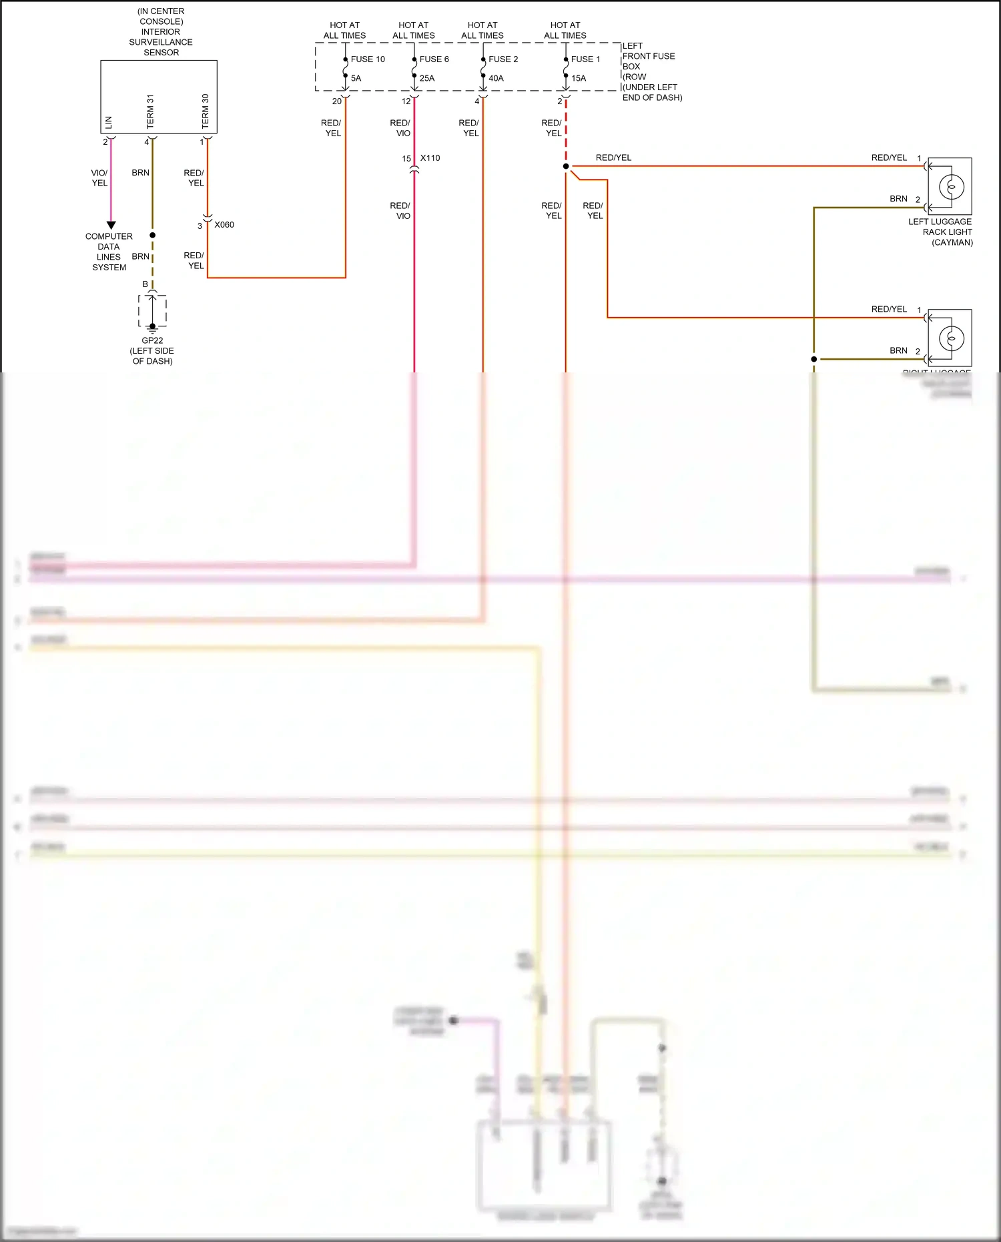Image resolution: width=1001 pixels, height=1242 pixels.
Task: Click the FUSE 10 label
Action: coord(368,59)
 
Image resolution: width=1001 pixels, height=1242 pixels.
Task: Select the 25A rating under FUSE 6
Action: coord(427,78)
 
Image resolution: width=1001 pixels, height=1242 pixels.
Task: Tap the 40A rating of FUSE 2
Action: coord(496,78)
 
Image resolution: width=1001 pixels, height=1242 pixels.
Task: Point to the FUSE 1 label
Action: coord(585,59)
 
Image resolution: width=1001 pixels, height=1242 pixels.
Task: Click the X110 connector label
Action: coord(430,158)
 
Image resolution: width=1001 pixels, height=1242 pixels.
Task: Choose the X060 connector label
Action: coord(224,225)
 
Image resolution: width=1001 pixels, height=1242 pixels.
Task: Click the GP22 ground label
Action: coord(152,340)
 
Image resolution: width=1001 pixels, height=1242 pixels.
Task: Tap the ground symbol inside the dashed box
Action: coord(153,327)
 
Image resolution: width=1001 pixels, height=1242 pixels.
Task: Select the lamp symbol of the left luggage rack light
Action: coord(952,186)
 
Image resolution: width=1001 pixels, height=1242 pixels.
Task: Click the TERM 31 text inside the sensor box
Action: coord(150,111)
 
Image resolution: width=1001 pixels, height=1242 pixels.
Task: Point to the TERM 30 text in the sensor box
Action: coord(206,111)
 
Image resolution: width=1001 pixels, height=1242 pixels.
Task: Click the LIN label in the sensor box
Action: coord(109,123)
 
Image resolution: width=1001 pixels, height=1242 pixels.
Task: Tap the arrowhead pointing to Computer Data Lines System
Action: coord(111,226)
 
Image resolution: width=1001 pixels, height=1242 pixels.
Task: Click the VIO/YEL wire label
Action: coord(99,178)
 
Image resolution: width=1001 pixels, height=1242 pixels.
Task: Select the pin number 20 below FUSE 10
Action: coord(336,101)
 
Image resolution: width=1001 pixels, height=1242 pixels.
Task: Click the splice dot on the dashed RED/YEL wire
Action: coord(566,166)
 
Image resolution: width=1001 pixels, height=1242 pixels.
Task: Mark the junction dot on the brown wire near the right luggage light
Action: coord(813,359)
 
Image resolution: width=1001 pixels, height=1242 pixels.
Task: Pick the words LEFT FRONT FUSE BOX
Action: coord(648,56)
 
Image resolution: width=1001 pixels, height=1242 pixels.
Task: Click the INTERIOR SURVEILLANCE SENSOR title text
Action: coord(161,37)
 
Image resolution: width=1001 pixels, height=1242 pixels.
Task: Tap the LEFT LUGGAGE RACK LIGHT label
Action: coord(940,227)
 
